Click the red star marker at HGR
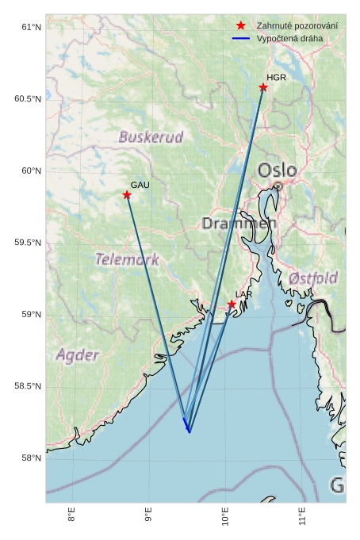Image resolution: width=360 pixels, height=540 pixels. click(263, 87)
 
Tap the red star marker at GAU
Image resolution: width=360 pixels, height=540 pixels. click(127, 195)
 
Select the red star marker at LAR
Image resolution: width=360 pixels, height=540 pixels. click(232, 304)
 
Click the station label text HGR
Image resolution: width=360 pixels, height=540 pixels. click(276, 78)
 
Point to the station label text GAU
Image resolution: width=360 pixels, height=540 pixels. click(140, 185)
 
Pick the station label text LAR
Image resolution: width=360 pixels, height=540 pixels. click(243, 294)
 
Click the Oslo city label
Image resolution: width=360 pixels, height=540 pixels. click(277, 170)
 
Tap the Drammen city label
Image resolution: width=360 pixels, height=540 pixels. click(239, 224)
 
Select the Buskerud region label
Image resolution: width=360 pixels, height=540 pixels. click(151, 137)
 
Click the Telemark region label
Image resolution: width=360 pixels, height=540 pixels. click(127, 259)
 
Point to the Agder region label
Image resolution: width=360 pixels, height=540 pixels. click(78, 355)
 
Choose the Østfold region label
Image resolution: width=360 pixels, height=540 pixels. click(313, 278)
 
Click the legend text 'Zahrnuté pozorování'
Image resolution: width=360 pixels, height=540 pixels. click(297, 26)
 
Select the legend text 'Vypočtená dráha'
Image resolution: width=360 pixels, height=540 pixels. click(289, 38)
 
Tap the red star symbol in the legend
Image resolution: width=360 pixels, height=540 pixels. click(241, 26)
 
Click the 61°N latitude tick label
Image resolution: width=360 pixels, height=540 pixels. click(30, 28)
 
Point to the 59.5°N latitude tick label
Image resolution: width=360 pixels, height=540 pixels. click(27, 243)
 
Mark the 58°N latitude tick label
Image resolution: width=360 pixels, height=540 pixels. click(30, 458)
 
